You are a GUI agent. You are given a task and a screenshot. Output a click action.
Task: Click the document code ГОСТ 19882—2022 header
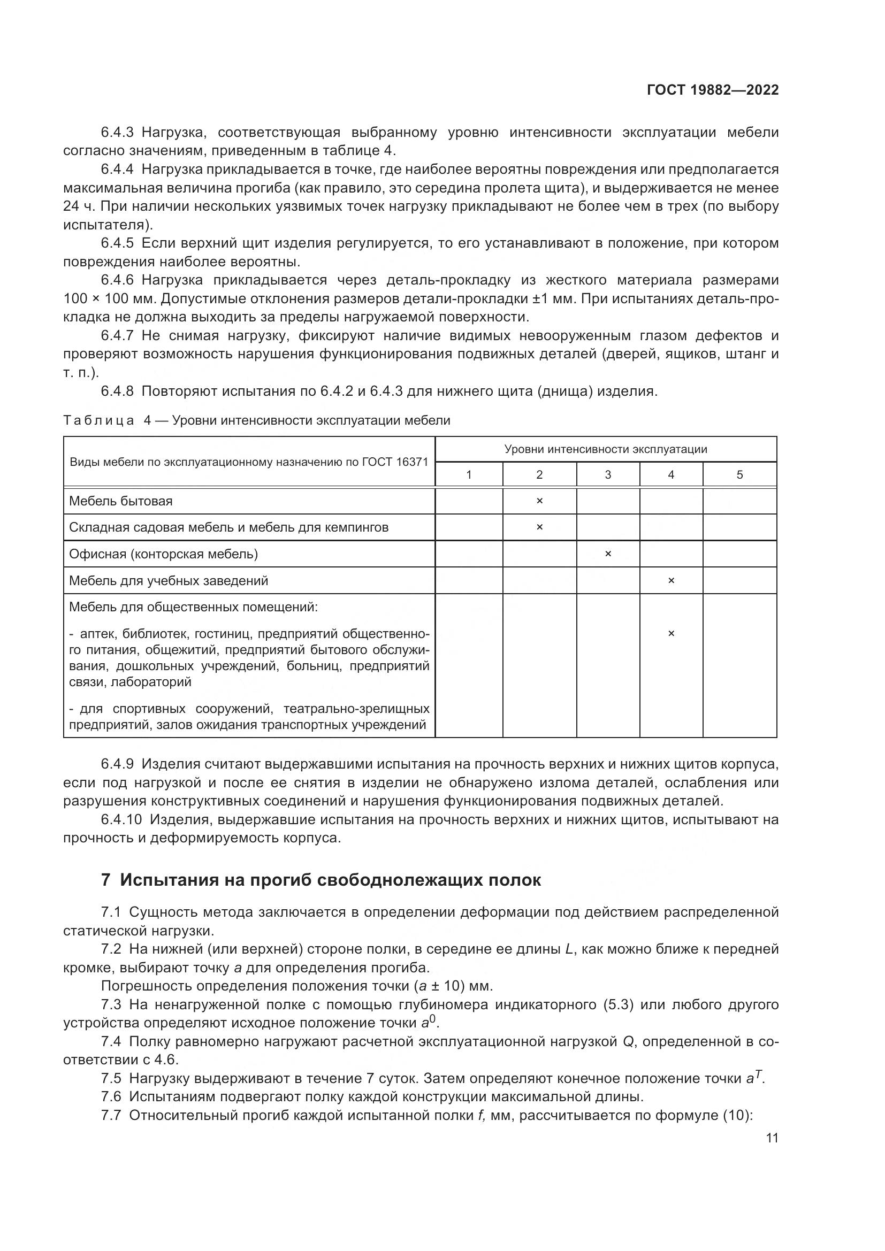pos(712,90)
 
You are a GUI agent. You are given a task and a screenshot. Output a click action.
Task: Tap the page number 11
pos(772,1138)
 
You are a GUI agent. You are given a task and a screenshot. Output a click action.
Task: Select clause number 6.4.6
pos(117,280)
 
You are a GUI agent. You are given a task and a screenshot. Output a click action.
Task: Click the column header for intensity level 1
pos(469,474)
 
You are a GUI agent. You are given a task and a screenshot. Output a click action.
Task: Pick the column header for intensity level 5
pos(739,474)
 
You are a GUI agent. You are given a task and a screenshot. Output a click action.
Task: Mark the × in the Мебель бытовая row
pos(539,501)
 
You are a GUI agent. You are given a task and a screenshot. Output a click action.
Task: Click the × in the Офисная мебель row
pos(608,554)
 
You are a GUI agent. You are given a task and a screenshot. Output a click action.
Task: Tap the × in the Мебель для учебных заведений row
pos(671,581)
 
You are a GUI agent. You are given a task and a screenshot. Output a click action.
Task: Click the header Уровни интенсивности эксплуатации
pos(606,449)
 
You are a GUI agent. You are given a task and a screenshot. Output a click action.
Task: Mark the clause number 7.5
pos(112,1078)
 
